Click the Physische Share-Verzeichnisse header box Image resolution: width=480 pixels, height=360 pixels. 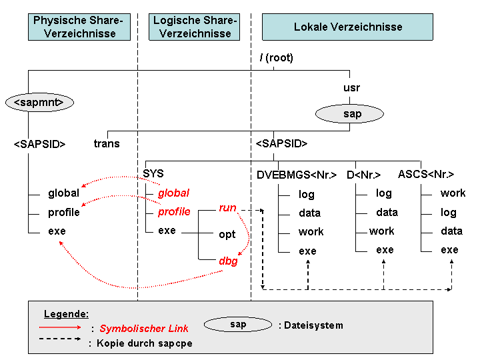79,27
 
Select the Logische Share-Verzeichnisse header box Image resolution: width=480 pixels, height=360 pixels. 195,27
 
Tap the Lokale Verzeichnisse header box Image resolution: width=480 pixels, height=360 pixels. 347,27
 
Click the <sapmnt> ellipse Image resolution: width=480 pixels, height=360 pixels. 39,102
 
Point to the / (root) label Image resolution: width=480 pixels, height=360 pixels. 277,57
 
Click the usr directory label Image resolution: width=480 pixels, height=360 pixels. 351,88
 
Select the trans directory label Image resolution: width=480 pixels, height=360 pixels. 107,143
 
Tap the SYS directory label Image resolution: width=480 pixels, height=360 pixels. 153,173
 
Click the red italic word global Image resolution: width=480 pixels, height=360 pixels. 173,193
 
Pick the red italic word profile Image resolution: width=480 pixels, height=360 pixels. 174,212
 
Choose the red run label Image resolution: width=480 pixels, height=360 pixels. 227,208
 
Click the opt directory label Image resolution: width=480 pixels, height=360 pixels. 227,235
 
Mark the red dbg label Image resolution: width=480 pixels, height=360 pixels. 229,261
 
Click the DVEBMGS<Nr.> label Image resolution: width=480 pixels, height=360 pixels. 297,175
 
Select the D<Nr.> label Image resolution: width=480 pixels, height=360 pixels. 364,175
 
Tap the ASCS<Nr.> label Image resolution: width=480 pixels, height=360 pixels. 426,175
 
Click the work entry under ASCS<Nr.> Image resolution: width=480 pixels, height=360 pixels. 453,193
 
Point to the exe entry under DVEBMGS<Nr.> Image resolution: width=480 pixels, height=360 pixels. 307,251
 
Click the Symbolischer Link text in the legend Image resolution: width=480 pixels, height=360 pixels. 144,329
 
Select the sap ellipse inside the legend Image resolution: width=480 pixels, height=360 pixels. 238,325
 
